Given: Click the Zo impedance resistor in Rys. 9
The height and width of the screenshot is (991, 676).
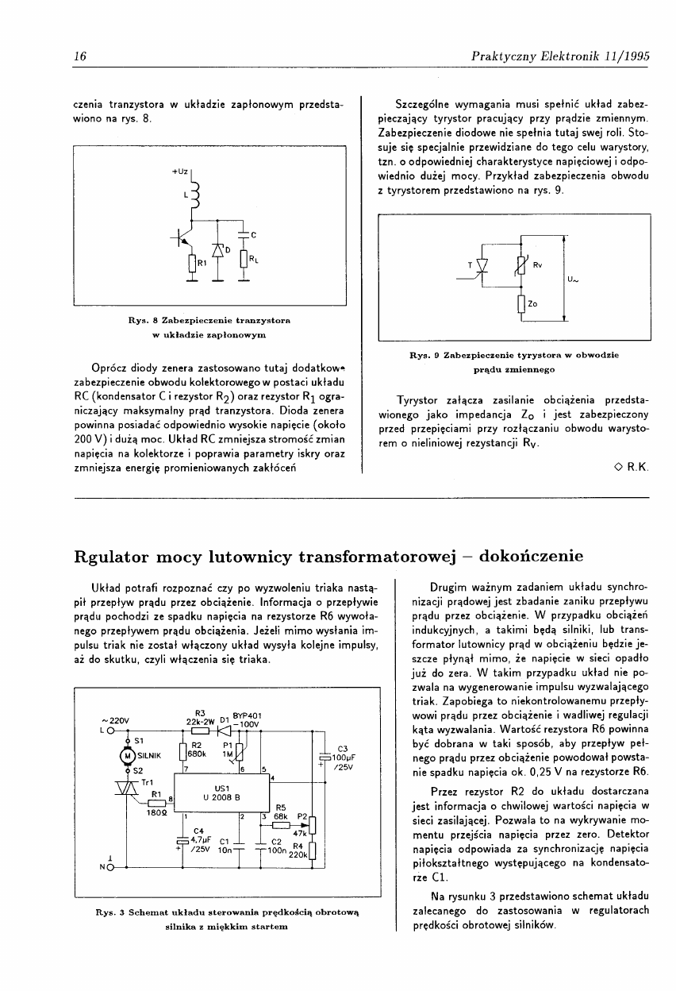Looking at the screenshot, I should (x=521, y=303).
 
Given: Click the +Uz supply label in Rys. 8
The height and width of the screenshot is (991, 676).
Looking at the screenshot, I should (x=179, y=172).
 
